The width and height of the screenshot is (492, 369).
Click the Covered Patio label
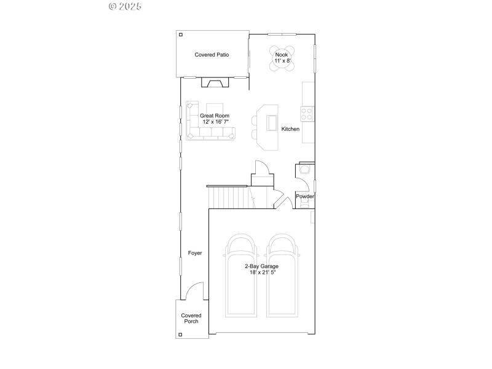tap(212, 55)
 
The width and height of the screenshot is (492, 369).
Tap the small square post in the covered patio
tap(180, 34)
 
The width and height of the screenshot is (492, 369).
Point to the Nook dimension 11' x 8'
tap(282, 61)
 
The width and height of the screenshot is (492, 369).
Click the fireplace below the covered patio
tap(216, 84)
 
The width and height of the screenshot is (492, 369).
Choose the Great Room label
tap(215, 115)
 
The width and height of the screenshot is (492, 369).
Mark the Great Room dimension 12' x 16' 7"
tap(215, 122)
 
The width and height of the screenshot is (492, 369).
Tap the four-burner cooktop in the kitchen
tap(306, 113)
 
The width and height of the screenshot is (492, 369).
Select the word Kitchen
tap(290, 129)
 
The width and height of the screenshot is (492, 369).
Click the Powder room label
tap(305, 197)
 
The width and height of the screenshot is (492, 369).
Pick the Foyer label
tap(195, 253)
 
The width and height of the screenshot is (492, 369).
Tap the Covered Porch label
tap(191, 318)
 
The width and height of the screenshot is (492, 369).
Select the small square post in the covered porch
tap(180, 335)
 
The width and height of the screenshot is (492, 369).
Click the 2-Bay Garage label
tap(261, 266)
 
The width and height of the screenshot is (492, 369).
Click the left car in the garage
tap(240, 277)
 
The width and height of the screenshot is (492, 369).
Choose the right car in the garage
tap(283, 277)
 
